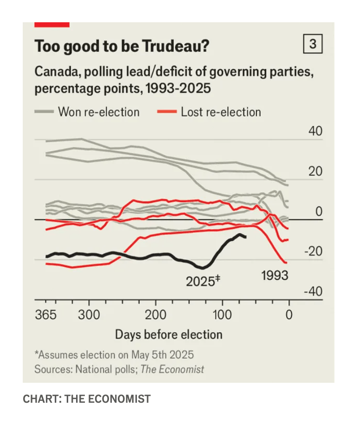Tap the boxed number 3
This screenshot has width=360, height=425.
(x=313, y=45)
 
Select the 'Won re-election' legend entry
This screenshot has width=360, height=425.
(x=98, y=112)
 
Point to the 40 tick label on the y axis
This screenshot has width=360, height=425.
(x=315, y=131)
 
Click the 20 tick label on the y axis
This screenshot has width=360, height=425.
(x=315, y=171)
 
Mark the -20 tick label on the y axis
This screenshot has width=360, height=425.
(x=314, y=251)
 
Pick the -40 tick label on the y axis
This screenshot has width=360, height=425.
(x=314, y=291)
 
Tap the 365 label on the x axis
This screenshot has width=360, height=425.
(x=45, y=315)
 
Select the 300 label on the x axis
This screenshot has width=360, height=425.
(x=89, y=315)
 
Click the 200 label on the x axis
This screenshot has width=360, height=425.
(x=155, y=315)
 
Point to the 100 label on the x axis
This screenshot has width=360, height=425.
(x=222, y=315)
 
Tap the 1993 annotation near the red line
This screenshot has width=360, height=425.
(x=275, y=275)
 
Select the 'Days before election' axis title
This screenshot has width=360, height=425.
(x=169, y=334)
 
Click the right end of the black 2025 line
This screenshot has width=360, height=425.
(x=245, y=237)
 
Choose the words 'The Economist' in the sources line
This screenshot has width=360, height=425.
(x=172, y=369)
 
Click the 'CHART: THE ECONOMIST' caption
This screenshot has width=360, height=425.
(x=87, y=399)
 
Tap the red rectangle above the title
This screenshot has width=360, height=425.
(x=52, y=24)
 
